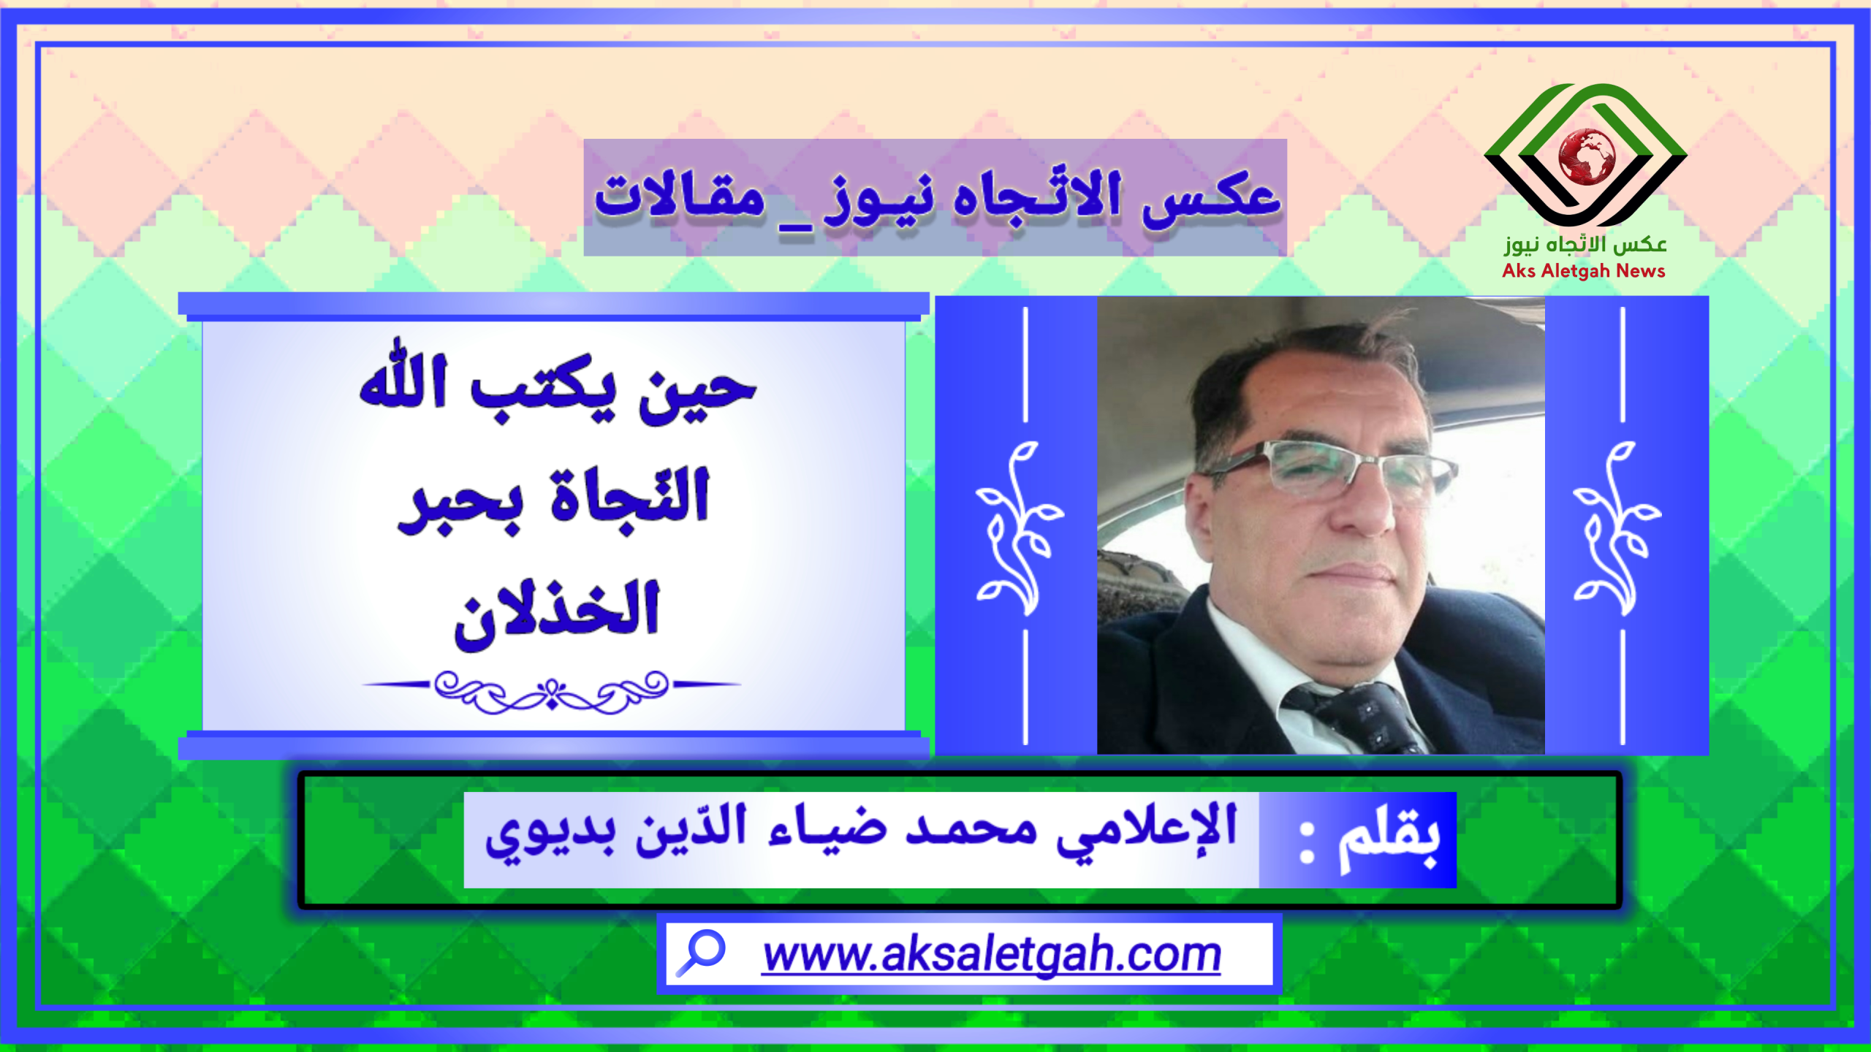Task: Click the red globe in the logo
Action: (1587, 157)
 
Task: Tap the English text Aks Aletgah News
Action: (1584, 271)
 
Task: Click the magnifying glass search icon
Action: (700, 953)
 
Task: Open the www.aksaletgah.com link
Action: (992, 954)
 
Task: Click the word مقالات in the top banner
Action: (680, 195)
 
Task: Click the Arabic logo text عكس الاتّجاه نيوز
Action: (1585, 244)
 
